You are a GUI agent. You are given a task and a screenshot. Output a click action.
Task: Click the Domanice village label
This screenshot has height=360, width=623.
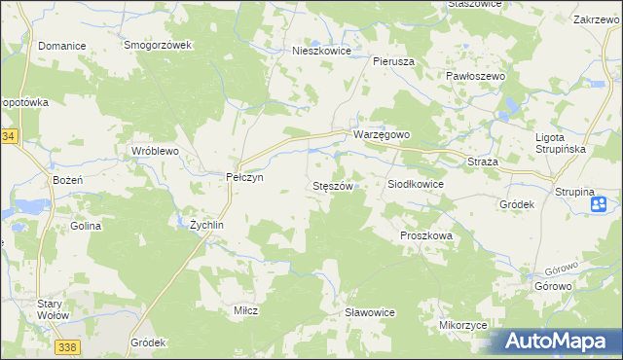[x=61, y=46]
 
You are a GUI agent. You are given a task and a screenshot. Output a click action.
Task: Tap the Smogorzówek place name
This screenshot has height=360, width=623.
[x=161, y=46]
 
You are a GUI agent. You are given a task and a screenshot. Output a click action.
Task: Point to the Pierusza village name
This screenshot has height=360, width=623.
[x=394, y=60]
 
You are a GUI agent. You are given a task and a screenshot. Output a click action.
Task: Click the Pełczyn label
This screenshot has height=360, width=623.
[x=238, y=177]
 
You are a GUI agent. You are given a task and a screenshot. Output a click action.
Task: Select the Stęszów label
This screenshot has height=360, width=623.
[x=331, y=185]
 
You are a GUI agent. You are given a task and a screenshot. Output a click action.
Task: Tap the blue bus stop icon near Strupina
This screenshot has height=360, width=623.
[x=600, y=203]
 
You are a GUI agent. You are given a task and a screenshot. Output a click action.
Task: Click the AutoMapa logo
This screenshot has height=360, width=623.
[x=558, y=342]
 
